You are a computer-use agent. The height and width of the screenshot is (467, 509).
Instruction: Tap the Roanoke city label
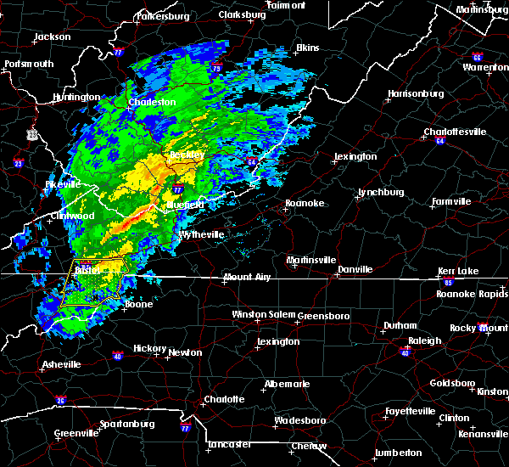(x=303, y=203)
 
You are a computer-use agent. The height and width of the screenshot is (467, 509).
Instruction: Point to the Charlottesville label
(x=455, y=132)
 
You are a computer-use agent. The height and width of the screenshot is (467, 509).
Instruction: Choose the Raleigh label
(x=426, y=340)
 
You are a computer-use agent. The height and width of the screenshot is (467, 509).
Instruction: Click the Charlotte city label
(x=223, y=399)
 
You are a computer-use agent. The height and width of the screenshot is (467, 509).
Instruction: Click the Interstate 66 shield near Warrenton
(x=478, y=56)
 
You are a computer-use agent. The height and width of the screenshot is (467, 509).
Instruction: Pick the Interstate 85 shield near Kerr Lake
(x=449, y=280)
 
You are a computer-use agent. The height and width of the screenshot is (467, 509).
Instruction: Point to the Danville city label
(x=355, y=269)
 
